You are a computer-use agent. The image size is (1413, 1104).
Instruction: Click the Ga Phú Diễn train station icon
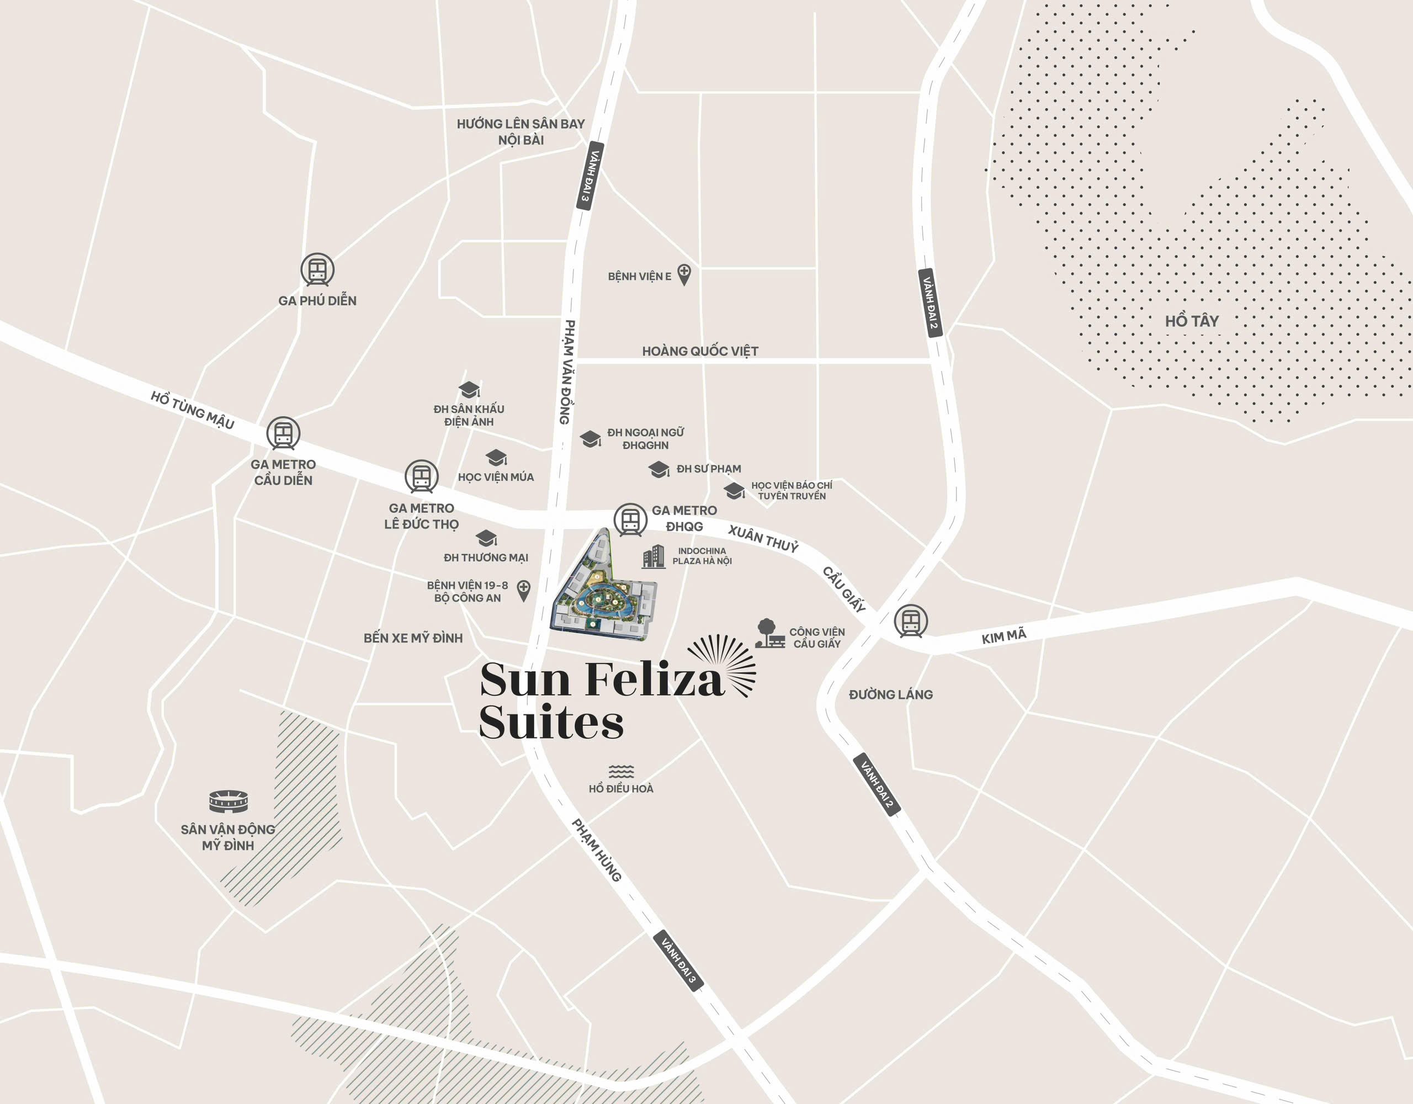(317, 269)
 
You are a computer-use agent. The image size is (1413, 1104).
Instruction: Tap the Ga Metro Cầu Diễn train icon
(283, 433)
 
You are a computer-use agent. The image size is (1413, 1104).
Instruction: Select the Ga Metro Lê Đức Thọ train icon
(421, 477)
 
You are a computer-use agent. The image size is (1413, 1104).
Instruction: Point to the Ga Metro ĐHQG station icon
(630, 519)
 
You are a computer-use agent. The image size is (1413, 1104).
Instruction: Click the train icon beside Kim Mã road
(910, 620)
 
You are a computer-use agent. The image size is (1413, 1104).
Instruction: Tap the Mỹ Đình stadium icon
(229, 802)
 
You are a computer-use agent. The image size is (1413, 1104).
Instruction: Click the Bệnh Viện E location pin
(684, 274)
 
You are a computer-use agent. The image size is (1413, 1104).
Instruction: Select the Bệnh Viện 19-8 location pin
(523, 590)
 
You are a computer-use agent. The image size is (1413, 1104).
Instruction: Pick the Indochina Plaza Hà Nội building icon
(654, 556)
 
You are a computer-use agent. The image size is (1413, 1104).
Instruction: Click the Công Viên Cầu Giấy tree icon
(769, 634)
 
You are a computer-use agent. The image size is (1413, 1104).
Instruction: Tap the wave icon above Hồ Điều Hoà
(621, 771)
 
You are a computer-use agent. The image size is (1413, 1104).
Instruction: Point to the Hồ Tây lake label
(1192, 321)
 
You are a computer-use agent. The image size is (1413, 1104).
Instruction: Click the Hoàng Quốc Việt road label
(700, 351)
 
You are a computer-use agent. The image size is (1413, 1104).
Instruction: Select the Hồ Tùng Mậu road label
(192, 410)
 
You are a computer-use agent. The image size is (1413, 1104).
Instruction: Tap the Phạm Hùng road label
(597, 850)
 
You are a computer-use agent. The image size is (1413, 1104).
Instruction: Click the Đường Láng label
(891, 694)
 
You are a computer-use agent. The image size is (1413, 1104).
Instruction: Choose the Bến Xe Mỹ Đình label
(413, 638)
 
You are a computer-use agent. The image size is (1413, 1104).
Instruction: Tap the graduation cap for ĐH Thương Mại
(486, 538)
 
